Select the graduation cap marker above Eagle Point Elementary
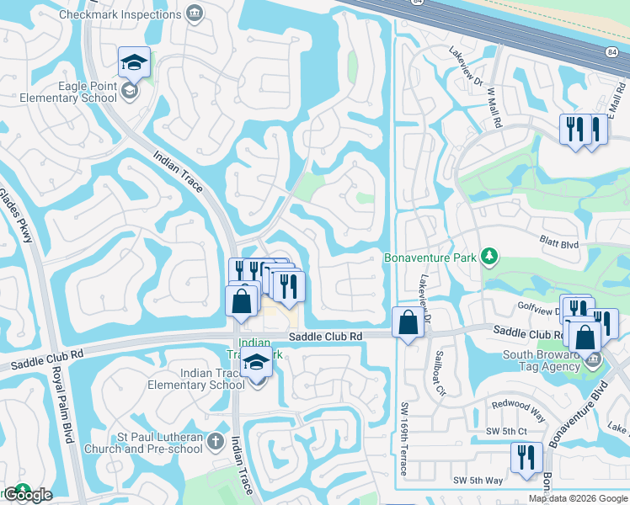134,62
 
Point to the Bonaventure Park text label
430,257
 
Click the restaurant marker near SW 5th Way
526,459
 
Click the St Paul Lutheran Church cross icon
215,441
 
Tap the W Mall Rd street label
493,105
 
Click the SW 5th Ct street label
506,431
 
